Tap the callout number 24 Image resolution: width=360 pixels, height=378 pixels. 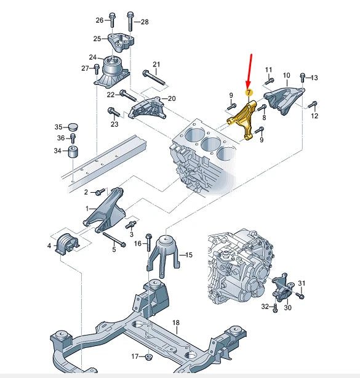(92, 58)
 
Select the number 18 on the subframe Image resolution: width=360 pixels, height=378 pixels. (175, 323)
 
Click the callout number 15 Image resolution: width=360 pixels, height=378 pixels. (189, 254)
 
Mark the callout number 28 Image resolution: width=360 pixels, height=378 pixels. (145, 22)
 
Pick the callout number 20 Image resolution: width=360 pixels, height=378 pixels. (171, 99)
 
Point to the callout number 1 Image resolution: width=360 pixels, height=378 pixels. (88, 209)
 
